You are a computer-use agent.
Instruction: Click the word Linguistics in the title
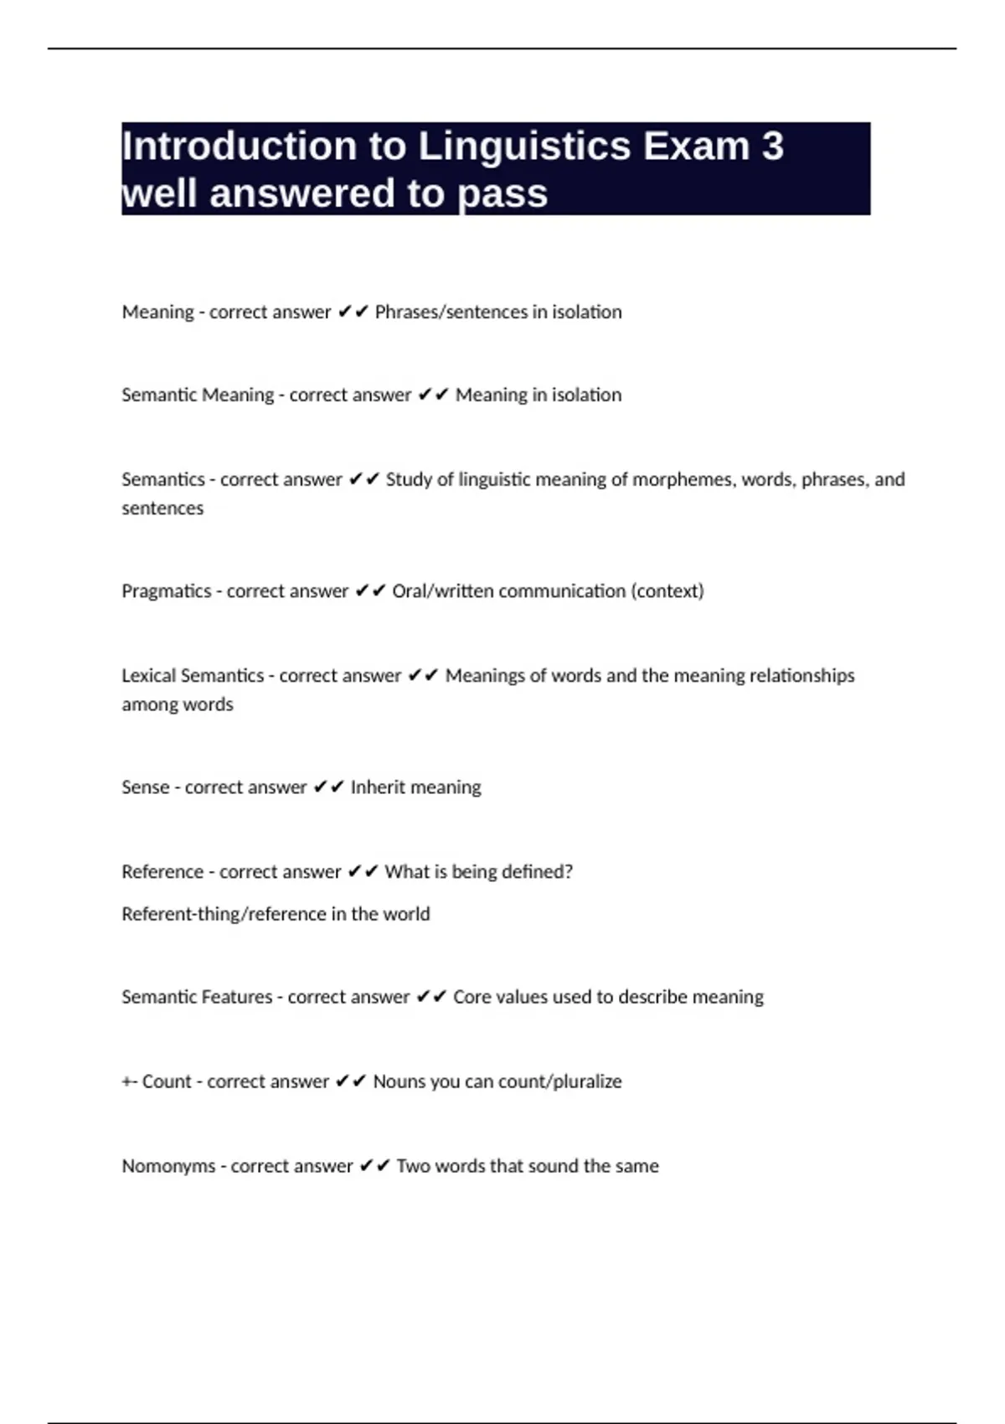coord(523,147)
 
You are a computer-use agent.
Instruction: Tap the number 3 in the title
coord(772,147)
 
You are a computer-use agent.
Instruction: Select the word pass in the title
coord(502,194)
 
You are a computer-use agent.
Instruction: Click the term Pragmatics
coord(167,591)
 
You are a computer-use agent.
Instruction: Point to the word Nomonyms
coord(168,1166)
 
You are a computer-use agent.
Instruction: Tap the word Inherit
coord(379,787)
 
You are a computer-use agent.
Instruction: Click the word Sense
coord(145,787)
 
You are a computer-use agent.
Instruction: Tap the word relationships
coord(801,676)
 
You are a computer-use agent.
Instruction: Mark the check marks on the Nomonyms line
coord(374,1166)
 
